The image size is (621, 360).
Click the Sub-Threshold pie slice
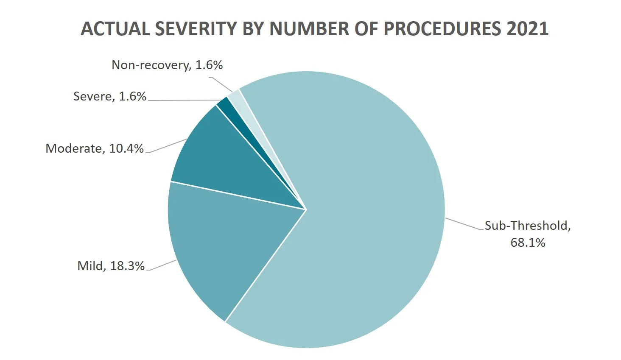pyautogui.click(x=361, y=212)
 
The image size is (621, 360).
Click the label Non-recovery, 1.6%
pyautogui.click(x=167, y=65)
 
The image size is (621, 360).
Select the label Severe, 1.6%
pyautogui.click(x=109, y=96)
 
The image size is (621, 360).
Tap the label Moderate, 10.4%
pyautogui.click(x=95, y=148)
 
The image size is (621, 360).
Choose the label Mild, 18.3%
pyautogui.click(x=111, y=266)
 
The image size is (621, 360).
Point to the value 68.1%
pyautogui.click(x=528, y=243)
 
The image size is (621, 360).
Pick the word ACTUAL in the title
pyautogui.click(x=115, y=29)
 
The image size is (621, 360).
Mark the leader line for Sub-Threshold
pyautogui.click(x=464, y=224)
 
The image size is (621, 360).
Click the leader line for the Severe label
pyautogui.click(x=182, y=100)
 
